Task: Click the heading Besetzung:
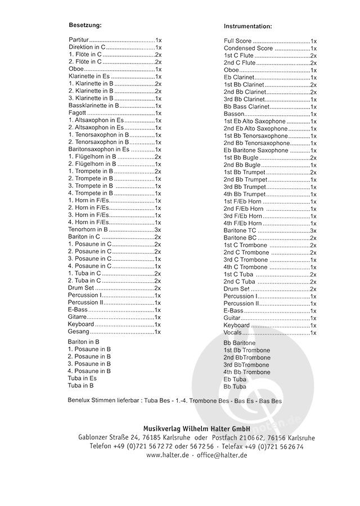pyautogui.click(x=85, y=26)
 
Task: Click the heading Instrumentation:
pyautogui.click(x=247, y=26)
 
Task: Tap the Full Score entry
pyautogui.click(x=237, y=42)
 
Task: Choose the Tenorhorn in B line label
pyautogui.click(x=88, y=229)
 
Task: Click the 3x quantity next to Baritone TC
pyautogui.click(x=313, y=231)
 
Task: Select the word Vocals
pyautogui.click(x=233, y=333)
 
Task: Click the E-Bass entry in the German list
pyautogui.click(x=78, y=309)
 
